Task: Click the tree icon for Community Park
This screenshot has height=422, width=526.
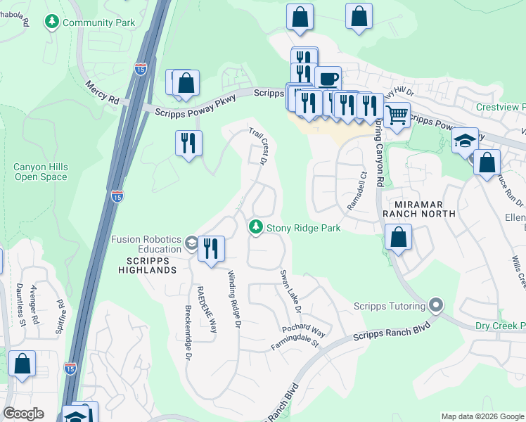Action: point(52,23)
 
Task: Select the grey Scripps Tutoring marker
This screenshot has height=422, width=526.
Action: point(436,305)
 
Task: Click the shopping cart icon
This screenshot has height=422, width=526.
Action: point(397,113)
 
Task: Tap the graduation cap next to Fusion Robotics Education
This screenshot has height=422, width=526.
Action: point(191,243)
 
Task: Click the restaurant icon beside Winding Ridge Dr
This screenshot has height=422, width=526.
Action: point(211,248)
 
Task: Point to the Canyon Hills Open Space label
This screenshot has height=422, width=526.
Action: point(41,172)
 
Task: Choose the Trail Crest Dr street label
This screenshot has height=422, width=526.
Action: point(258,146)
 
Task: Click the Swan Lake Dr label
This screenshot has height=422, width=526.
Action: point(290,291)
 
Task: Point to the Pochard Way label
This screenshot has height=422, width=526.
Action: point(304,331)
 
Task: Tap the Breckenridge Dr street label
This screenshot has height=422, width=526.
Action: point(188,333)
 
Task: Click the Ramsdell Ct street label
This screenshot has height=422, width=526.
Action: point(357,192)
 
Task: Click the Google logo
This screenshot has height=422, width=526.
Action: point(24,414)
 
